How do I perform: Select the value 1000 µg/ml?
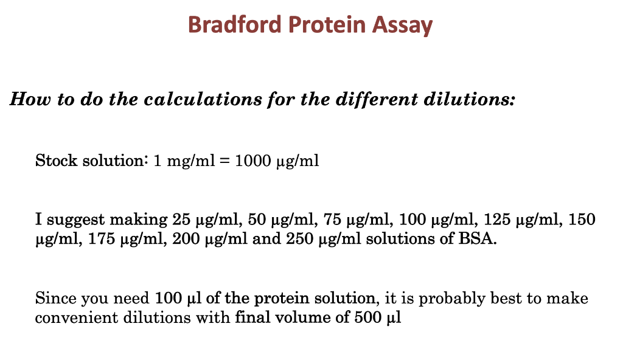tap(277, 162)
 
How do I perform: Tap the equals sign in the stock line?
tap(226, 162)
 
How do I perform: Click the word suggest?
tap(78, 220)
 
